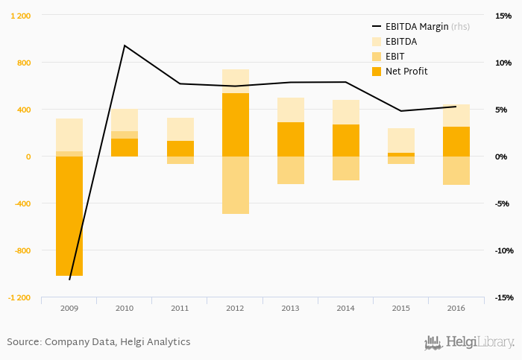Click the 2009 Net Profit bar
coord(69,216)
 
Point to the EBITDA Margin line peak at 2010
coord(125,45)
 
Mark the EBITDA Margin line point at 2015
coord(401,111)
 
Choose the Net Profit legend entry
coord(406,72)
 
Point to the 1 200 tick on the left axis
coord(20,16)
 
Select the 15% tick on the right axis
coord(500,16)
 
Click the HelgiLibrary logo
coord(469,342)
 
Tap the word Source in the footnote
coord(23,342)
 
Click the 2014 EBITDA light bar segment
coord(346,112)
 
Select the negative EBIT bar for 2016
coord(456,171)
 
